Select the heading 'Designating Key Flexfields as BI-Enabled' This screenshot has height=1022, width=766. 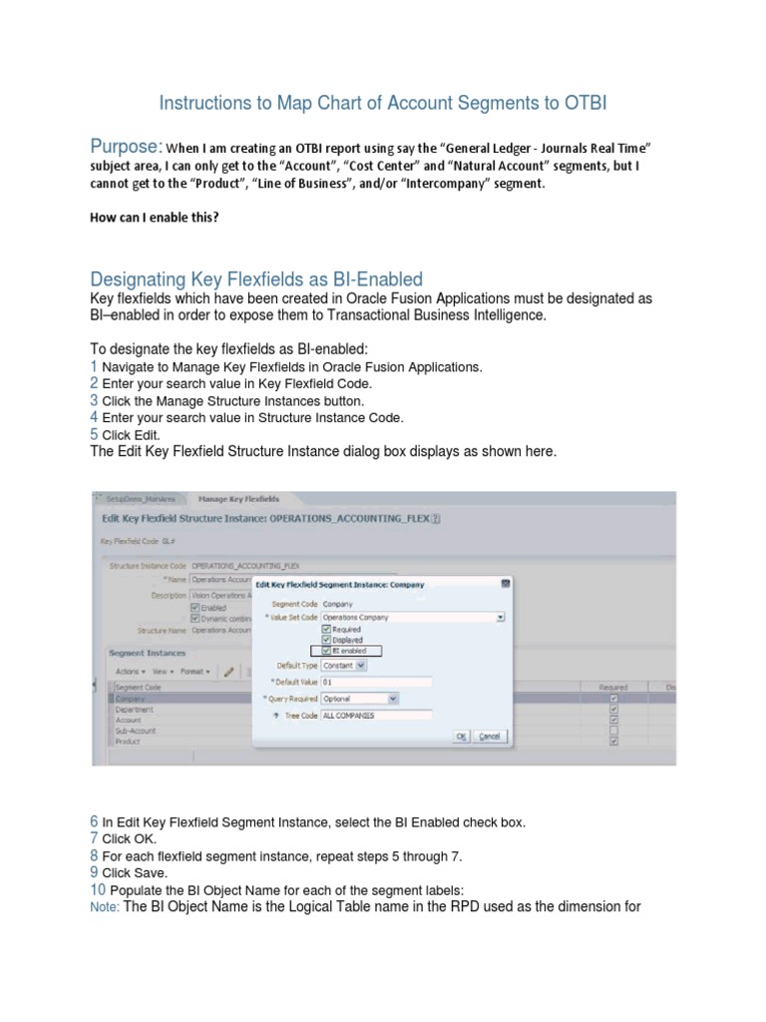click(x=256, y=278)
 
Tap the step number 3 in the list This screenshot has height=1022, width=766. click(x=94, y=400)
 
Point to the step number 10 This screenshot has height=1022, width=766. click(x=98, y=889)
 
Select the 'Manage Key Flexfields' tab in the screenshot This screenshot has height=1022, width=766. click(x=238, y=498)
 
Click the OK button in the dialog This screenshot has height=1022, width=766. click(x=461, y=736)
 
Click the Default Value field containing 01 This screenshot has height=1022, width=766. click(x=376, y=682)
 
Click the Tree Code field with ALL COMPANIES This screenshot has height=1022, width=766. click(x=376, y=716)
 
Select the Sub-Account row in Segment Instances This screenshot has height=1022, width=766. click(x=136, y=731)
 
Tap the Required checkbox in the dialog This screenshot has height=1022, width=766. click(x=326, y=630)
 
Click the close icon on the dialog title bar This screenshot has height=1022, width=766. click(x=505, y=584)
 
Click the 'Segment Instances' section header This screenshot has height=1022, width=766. click(x=147, y=652)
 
